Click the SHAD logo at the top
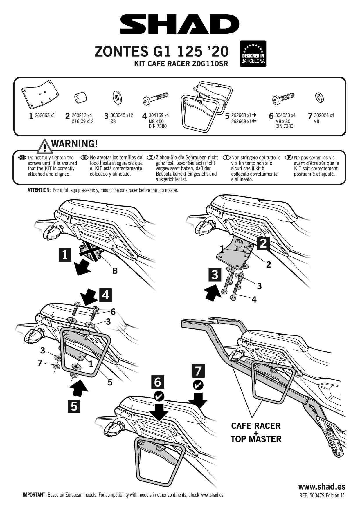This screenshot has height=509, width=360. coord(180,25)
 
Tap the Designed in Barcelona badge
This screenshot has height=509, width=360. coord(253,54)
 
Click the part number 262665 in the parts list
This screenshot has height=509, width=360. coord(42,115)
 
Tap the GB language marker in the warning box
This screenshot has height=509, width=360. coord(22,158)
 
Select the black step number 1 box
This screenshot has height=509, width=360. coord(65,255)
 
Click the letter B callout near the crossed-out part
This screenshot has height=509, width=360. coord(115,271)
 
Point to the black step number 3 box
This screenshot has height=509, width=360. coord(215,275)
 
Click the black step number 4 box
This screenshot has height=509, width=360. coord(106,295)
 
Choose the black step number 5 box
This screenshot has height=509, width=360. coord(74,406)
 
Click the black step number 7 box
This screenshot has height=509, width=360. coord(199,371)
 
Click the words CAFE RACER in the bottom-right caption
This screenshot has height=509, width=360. coord(256,426)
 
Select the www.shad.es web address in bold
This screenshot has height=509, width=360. coord(322,487)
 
